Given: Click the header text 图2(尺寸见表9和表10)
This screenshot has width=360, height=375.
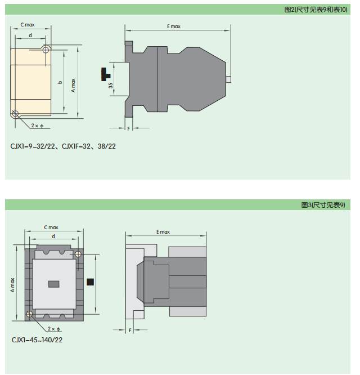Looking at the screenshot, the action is (316, 10).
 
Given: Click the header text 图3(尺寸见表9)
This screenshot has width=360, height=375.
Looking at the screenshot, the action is (323, 205).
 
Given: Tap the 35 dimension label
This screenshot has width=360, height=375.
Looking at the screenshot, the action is (111, 86).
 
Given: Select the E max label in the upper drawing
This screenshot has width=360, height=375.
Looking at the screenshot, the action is (174, 26).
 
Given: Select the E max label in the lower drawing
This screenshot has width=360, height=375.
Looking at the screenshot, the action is (163, 232).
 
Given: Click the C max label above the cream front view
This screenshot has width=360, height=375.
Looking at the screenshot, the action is (28, 25).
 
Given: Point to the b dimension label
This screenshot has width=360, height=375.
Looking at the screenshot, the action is (60, 82).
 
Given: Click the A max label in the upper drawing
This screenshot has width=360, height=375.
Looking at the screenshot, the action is (73, 86).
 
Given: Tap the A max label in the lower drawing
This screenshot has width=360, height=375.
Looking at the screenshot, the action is (12, 285).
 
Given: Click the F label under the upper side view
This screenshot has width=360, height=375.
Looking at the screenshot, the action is (128, 129).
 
